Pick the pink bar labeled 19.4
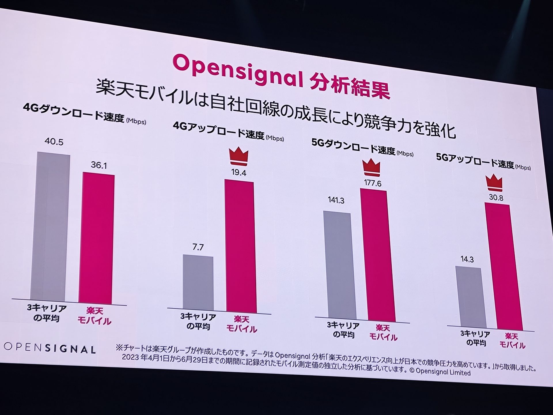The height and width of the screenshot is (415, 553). (x=240, y=246)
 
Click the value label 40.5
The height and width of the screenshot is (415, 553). (x=54, y=142)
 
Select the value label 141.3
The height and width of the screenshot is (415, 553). (x=336, y=200)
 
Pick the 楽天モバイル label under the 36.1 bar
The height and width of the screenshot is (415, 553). (x=94, y=316)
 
